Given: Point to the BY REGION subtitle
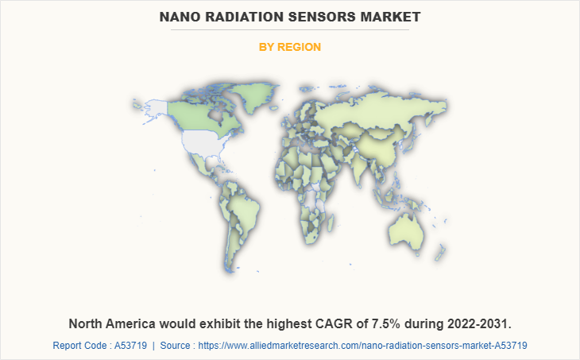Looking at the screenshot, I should pos(290,47).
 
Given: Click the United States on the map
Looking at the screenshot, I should pos(205,143).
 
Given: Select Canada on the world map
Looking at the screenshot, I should pos(199,111).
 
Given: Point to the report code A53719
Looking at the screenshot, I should pos(130,346).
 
